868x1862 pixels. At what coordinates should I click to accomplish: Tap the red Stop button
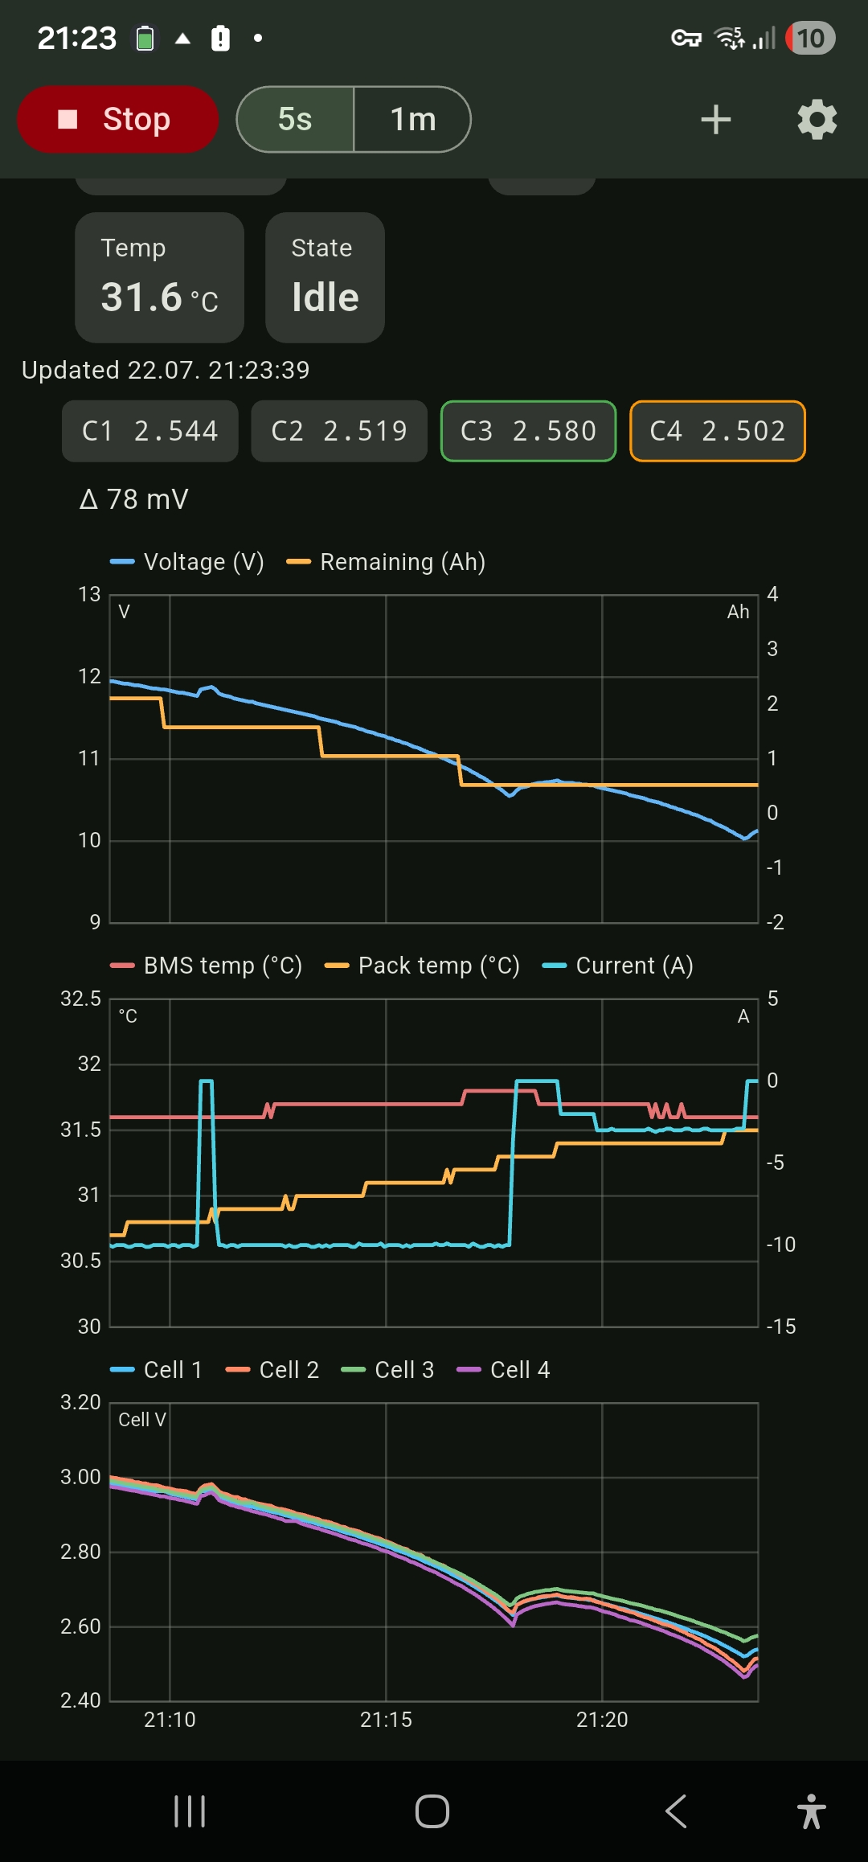117,119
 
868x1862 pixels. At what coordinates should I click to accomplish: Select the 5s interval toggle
295,119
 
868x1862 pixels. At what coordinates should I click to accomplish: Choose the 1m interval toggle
412,119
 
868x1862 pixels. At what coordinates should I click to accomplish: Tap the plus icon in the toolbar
715,120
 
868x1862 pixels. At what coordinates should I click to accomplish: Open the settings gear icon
817,120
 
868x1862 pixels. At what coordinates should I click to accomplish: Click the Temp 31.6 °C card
159,277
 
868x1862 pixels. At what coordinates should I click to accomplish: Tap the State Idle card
325,277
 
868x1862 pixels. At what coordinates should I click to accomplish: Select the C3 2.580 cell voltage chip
529,431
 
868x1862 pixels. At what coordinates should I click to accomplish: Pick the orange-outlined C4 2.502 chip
718,431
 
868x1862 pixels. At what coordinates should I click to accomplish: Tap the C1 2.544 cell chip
150,431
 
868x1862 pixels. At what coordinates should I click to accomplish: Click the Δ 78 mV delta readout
134,499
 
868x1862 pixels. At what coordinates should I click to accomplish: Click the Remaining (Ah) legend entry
386,562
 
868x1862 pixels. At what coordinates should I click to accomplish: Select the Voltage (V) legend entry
187,562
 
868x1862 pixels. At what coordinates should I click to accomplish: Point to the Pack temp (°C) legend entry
422,966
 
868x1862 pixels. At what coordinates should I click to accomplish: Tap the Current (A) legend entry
617,966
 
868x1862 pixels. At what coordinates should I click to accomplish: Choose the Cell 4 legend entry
503,1370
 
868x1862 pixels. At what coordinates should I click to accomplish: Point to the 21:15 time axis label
386,1720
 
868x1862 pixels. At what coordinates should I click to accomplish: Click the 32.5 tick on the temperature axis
81,999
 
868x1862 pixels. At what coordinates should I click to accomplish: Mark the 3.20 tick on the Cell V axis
81,1403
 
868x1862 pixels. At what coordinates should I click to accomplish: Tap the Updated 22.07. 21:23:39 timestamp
166,370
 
